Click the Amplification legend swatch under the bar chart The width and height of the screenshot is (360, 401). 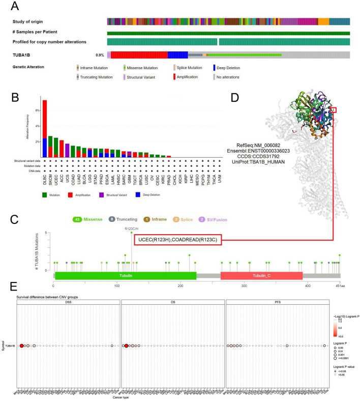click(65, 194)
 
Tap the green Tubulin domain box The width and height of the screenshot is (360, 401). click(125, 275)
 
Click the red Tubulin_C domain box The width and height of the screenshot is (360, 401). click(261, 275)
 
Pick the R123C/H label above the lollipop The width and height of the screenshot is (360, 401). click(131, 228)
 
